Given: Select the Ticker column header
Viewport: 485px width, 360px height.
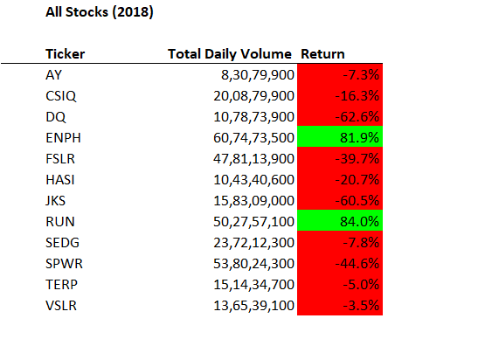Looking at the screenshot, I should tap(64, 54).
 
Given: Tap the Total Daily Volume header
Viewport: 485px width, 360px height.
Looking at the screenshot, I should tap(231, 54).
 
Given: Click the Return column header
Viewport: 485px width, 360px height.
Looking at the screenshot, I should tap(322, 54).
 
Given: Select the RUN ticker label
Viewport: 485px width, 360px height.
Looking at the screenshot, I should tap(58, 220).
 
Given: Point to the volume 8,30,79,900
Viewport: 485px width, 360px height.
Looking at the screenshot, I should tap(255, 74).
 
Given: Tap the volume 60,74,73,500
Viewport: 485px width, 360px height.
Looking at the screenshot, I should tap(252, 136).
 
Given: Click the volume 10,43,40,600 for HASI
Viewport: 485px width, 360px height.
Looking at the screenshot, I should tap(252, 178).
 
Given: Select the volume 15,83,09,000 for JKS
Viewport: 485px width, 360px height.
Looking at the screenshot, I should tap(252, 199).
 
